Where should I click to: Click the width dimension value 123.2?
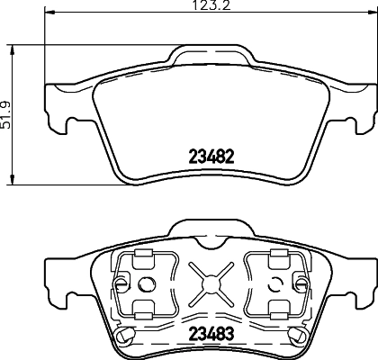[204, 7]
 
